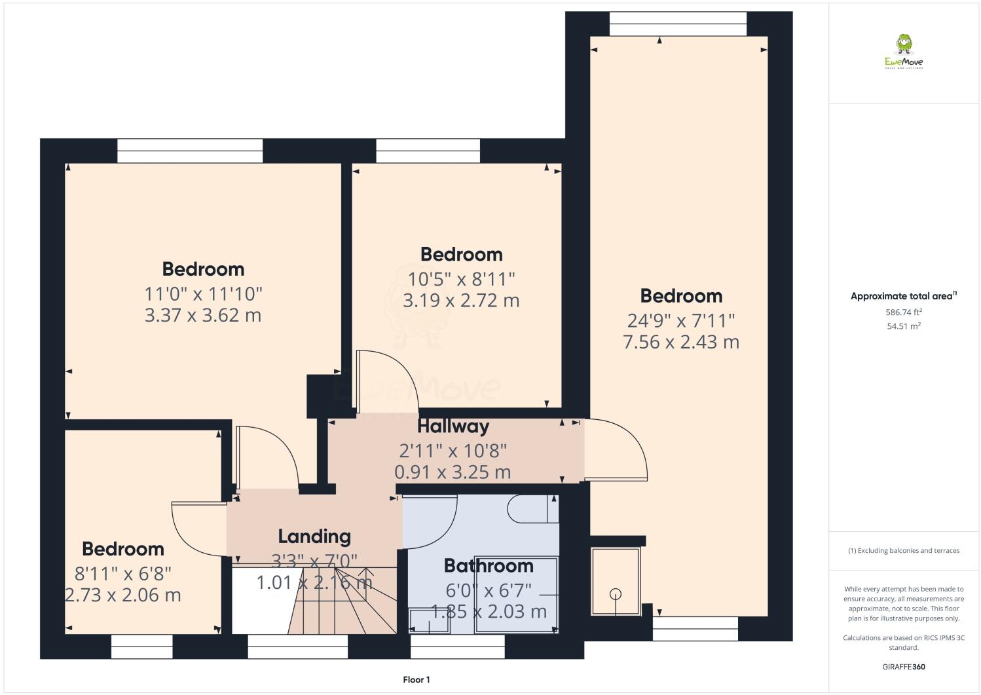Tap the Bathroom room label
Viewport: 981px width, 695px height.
point(488,565)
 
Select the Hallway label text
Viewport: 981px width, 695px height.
point(453,426)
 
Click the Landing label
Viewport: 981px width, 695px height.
point(314,536)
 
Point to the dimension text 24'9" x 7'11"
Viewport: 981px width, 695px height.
point(681,320)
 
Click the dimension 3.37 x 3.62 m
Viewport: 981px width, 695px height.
point(203,315)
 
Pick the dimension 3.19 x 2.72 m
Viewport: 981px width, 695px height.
point(461,301)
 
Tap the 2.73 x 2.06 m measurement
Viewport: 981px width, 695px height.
point(123,595)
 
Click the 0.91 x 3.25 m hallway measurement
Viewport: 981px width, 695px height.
point(453,472)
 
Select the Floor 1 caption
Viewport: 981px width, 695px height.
point(416,680)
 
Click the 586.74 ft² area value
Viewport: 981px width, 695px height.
point(904,312)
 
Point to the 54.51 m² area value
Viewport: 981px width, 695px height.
point(904,326)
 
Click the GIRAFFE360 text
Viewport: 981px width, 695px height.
point(904,667)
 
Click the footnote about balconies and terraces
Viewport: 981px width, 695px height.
point(904,550)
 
